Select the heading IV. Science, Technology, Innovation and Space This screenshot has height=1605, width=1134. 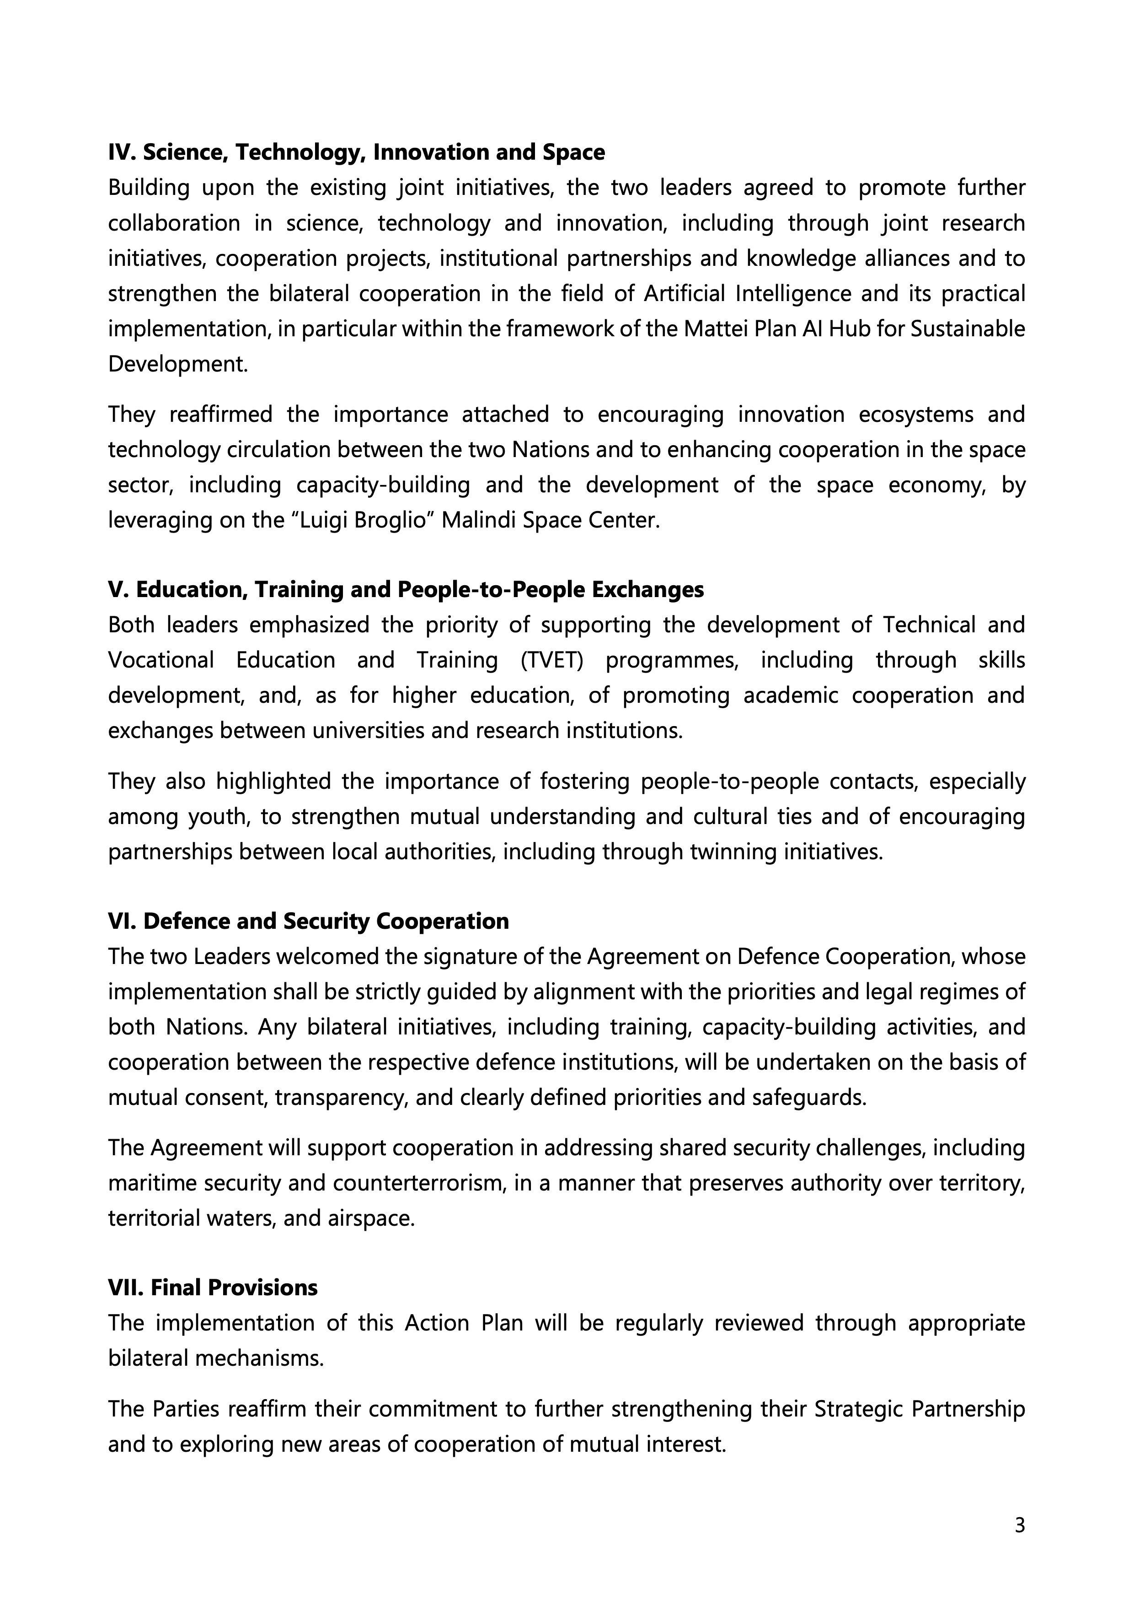[x=356, y=152]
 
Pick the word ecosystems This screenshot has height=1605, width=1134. [x=916, y=415]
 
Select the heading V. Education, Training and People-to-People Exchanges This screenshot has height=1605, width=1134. [x=405, y=589]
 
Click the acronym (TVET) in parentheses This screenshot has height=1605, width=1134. [x=551, y=660]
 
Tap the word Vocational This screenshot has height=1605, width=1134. [x=160, y=660]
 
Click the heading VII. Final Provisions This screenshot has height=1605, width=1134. [x=213, y=1287]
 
